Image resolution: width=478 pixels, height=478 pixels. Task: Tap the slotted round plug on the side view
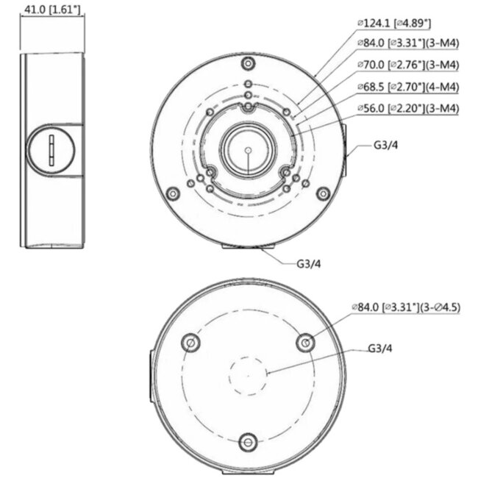[52, 150]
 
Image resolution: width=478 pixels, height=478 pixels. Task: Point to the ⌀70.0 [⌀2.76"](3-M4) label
[407, 65]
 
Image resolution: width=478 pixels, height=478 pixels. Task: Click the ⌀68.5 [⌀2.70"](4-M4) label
[407, 87]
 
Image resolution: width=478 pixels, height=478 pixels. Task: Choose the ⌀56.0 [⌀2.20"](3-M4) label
[407, 109]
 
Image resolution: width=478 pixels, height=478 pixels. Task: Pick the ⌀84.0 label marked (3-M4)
[407, 44]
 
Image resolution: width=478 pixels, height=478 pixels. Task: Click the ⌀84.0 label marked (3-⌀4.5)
[406, 307]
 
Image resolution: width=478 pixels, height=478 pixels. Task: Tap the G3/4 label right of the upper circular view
[386, 146]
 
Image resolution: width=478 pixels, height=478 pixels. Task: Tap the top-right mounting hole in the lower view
[305, 342]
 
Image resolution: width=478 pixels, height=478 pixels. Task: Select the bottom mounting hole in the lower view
[249, 441]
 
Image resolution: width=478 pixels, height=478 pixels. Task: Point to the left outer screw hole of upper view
[174, 194]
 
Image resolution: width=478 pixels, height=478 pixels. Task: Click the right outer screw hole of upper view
[321, 194]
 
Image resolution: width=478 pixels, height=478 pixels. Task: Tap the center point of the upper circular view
[248, 150]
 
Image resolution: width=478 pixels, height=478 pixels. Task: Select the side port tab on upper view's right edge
[346, 150]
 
